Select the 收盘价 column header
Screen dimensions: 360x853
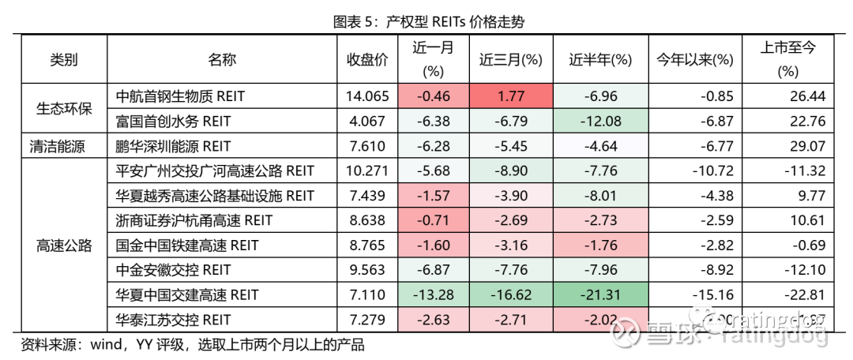pos(367,59)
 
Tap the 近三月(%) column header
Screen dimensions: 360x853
pos(510,59)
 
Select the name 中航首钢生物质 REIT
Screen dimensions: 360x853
pos(180,96)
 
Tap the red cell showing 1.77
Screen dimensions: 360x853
pos(510,96)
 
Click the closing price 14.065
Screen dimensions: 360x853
pos(367,96)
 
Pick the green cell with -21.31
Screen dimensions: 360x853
pos(599,295)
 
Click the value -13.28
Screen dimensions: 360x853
pos(432,295)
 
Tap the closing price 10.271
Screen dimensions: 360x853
pos(367,171)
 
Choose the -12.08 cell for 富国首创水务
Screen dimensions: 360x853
pos(599,122)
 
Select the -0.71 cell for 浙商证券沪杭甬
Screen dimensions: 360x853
pos(432,221)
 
